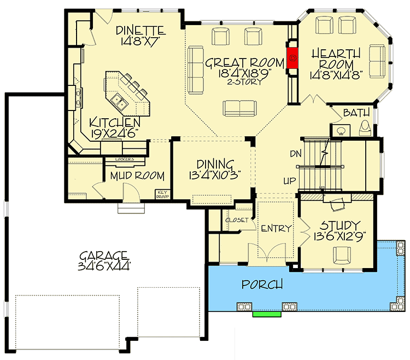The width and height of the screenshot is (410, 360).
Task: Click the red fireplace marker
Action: click(x=293, y=56)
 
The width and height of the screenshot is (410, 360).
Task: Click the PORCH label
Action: click(x=263, y=284)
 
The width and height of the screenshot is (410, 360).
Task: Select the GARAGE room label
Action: click(x=103, y=256)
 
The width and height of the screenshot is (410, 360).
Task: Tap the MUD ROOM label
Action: click(x=137, y=176)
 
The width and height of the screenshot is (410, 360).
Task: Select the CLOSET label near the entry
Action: click(x=237, y=220)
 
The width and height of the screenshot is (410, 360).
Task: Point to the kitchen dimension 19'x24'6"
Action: click(x=115, y=132)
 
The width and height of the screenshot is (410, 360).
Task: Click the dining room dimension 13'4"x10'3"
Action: click(x=215, y=176)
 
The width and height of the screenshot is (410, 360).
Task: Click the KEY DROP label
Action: click(x=162, y=194)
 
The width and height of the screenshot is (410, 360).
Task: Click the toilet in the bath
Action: click(x=365, y=128)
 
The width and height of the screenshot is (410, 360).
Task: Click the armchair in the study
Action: click(x=343, y=254)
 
